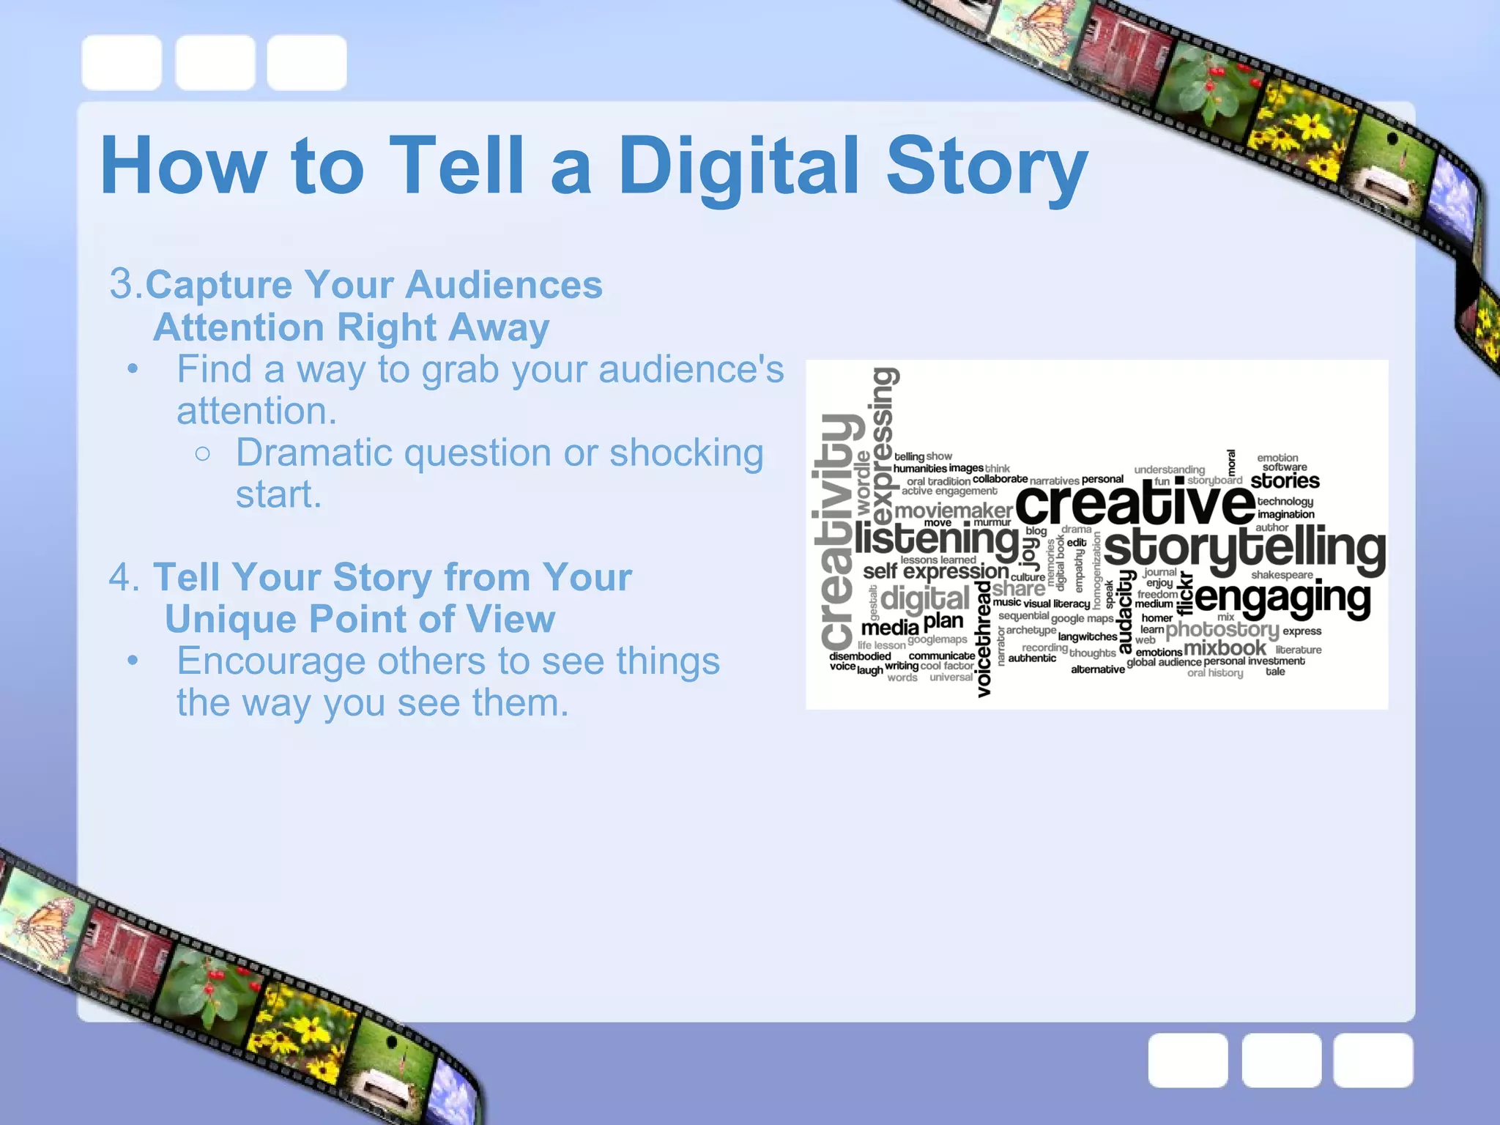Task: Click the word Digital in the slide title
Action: [x=738, y=167]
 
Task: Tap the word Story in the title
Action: [x=987, y=167]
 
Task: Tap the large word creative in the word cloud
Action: [x=1135, y=504]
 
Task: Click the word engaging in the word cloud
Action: [x=1282, y=599]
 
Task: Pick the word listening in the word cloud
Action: [x=936, y=541]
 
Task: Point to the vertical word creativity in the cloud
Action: [x=836, y=531]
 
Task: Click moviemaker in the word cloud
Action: [x=954, y=510]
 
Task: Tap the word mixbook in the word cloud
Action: [x=1224, y=648]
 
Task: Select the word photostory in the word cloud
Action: [x=1222, y=629]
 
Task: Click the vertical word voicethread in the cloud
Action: [x=984, y=637]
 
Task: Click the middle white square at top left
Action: [x=215, y=62]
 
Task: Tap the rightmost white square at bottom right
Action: [x=1373, y=1060]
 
